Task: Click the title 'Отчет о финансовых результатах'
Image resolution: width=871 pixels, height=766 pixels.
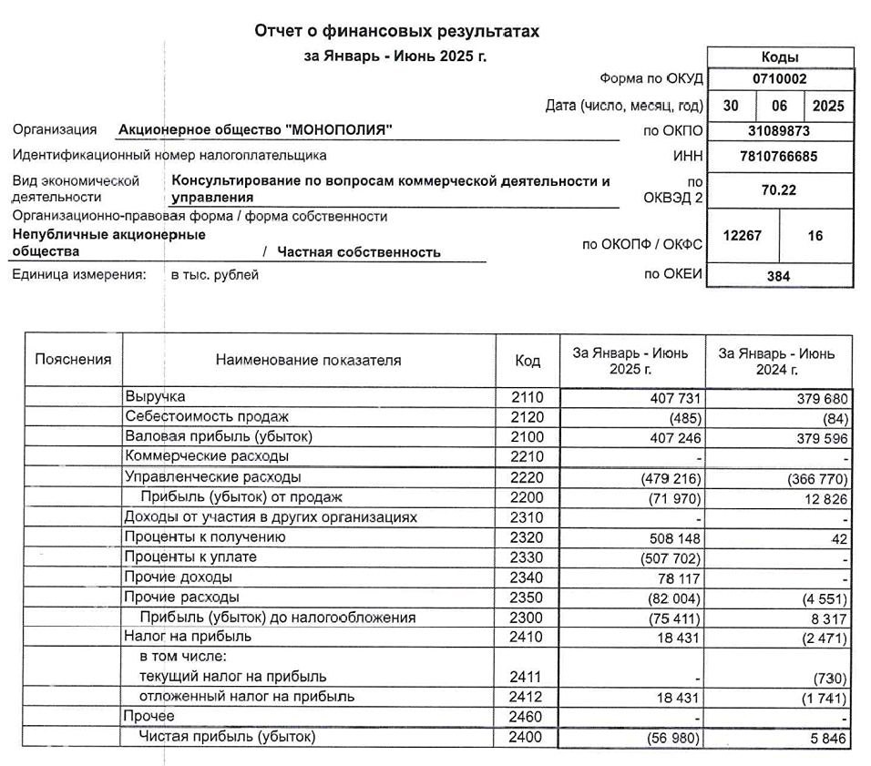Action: click(x=396, y=32)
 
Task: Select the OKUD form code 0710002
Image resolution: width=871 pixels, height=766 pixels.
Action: click(x=780, y=79)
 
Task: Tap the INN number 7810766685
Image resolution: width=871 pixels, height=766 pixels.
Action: click(x=780, y=157)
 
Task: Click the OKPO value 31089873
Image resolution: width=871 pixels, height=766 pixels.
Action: click(x=780, y=131)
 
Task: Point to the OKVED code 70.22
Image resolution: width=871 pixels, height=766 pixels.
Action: click(x=780, y=190)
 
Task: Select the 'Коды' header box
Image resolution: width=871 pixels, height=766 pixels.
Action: click(x=780, y=56)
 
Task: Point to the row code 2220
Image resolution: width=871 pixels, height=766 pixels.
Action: click(x=528, y=477)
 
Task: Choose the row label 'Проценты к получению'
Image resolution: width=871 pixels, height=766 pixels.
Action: click(x=205, y=537)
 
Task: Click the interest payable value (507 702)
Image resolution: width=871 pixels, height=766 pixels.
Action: click(x=668, y=557)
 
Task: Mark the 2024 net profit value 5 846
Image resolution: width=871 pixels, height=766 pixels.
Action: click(x=827, y=738)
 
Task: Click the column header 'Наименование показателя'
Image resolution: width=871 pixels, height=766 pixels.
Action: click(x=308, y=361)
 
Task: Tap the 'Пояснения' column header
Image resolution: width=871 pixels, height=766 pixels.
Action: click(x=73, y=360)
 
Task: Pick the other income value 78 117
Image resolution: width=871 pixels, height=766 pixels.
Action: click(x=673, y=577)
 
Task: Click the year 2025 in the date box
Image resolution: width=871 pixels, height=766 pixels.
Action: click(x=828, y=106)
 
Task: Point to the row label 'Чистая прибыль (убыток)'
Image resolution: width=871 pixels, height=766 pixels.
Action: click(x=227, y=737)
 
